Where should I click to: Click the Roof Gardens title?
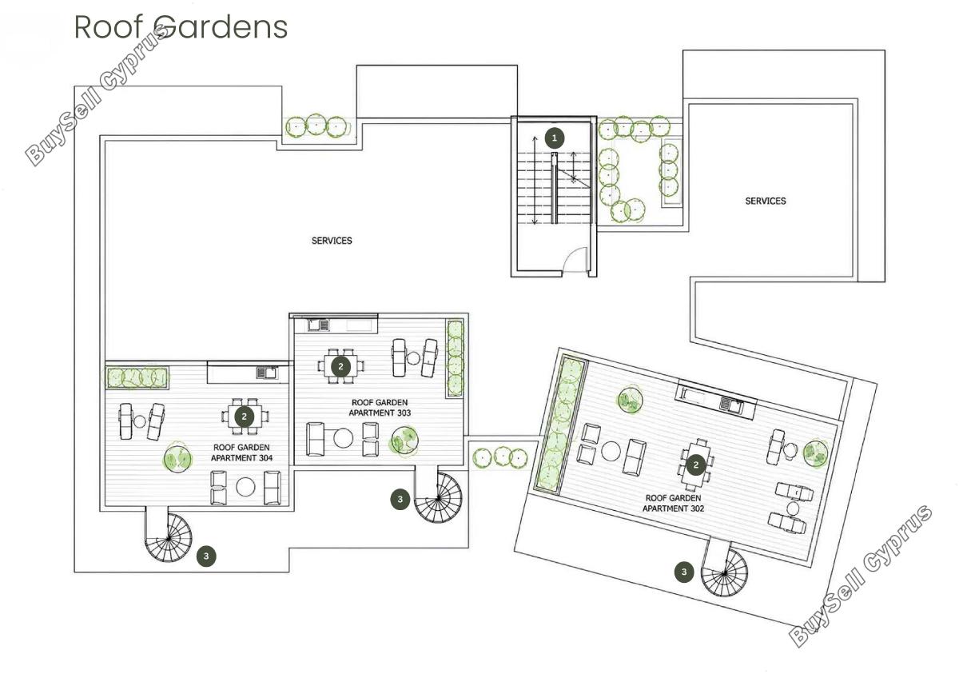pos(181,27)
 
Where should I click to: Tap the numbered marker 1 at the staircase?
pos(555,138)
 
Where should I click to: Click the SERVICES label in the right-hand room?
pos(766,201)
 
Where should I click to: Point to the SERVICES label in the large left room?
pos(332,241)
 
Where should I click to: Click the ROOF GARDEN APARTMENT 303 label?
pos(380,408)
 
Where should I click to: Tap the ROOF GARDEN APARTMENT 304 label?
pos(242,453)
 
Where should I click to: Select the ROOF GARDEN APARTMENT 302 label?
pos(674,503)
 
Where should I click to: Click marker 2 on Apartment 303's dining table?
pos(340,366)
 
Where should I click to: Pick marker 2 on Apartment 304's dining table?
pos(245,417)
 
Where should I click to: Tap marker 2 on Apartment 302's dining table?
pos(696,465)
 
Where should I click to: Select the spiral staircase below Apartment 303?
pos(439,498)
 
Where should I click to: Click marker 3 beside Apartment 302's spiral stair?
pos(684,572)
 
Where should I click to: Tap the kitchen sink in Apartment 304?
pos(266,373)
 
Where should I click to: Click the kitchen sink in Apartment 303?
pos(319,325)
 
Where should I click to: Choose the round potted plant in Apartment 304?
pos(177,458)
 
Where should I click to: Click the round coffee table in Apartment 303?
pos(343,438)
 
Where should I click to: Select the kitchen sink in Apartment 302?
pos(731,404)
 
